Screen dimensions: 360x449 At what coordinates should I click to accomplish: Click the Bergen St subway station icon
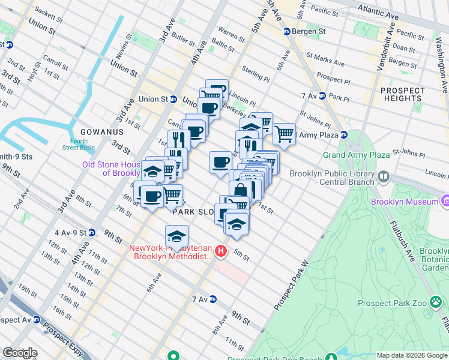tap(287, 31)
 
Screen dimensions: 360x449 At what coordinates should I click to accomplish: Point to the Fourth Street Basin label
tap(78, 145)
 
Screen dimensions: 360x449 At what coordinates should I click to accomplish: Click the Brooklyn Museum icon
tap(445, 202)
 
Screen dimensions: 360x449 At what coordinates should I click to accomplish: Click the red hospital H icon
tap(221, 251)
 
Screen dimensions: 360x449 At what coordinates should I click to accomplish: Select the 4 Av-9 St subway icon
tap(91, 232)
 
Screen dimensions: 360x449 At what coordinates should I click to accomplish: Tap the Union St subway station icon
tap(173, 99)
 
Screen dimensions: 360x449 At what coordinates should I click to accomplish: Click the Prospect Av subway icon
tap(37, 320)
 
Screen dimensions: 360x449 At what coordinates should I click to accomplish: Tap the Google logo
tap(20, 353)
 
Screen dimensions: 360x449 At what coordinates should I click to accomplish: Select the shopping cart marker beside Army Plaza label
tap(284, 134)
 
